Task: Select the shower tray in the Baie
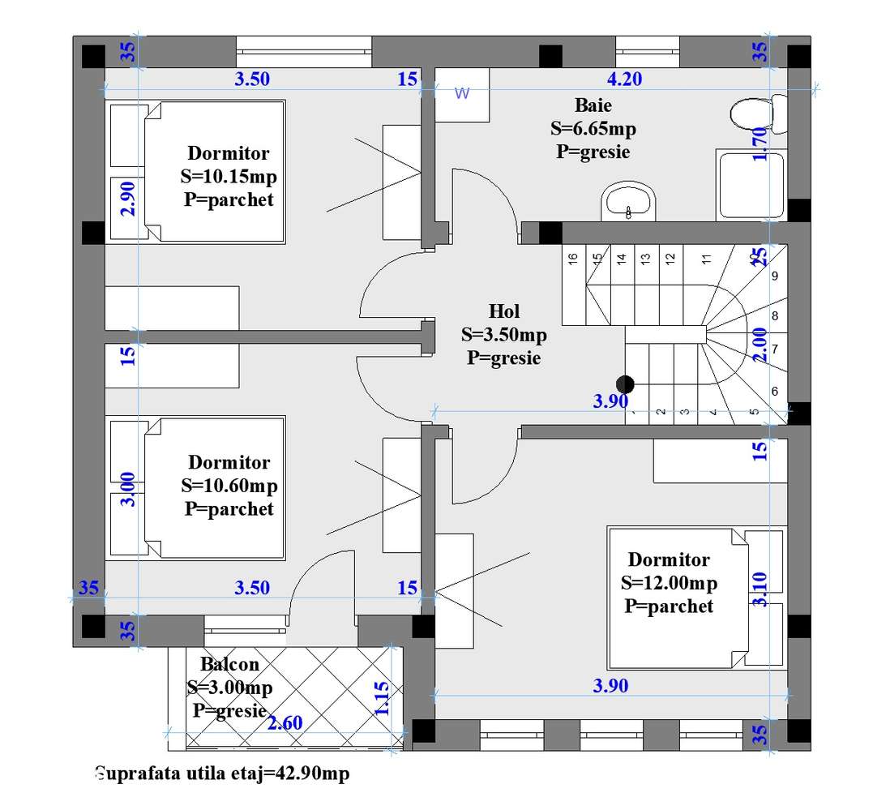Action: [x=750, y=186]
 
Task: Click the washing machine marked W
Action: [x=462, y=94]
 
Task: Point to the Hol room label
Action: [x=503, y=311]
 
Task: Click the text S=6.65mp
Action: [x=593, y=128]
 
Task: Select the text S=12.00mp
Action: [x=669, y=583]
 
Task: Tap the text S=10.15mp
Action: [x=229, y=176]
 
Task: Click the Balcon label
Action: [x=230, y=665]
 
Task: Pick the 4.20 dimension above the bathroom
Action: [x=624, y=79]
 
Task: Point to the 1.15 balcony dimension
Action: [x=382, y=698]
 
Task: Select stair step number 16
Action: [x=572, y=259]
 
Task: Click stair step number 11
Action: [x=706, y=259]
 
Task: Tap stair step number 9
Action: [x=775, y=276]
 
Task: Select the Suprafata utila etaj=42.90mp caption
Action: [x=222, y=774]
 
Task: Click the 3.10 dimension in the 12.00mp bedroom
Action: [x=760, y=589]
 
